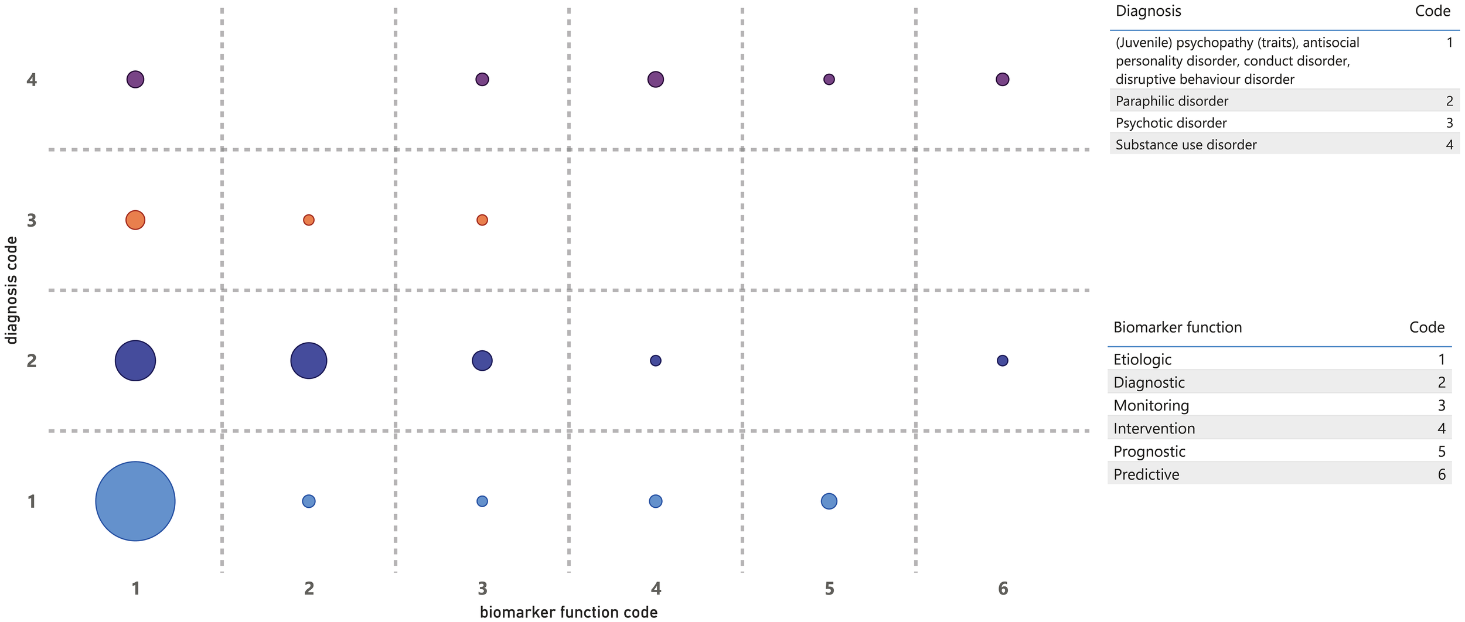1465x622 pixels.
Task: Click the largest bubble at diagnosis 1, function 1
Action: click(x=135, y=501)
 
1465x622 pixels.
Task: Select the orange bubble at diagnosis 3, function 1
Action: click(x=135, y=220)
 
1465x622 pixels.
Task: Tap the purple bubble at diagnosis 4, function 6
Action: click(x=1003, y=80)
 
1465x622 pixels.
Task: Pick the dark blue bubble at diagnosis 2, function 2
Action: click(x=309, y=361)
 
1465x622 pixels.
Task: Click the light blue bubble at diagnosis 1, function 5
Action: click(x=829, y=501)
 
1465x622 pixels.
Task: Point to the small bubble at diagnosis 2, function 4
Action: click(x=656, y=361)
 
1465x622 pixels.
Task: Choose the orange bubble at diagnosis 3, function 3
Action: click(x=482, y=220)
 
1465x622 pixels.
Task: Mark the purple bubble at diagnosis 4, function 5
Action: click(x=829, y=80)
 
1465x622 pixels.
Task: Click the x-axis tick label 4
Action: click(x=656, y=589)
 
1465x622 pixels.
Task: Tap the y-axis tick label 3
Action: click(x=32, y=221)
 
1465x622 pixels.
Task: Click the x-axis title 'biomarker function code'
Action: click(x=568, y=613)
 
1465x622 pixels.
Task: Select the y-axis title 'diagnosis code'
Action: click(x=11, y=290)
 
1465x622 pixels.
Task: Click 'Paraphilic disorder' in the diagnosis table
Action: click(x=1172, y=101)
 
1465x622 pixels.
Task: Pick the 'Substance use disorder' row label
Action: click(x=1186, y=145)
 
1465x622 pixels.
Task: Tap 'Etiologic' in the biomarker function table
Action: click(x=1143, y=360)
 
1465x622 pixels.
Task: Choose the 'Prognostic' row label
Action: click(x=1149, y=452)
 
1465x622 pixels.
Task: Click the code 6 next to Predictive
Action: click(x=1442, y=474)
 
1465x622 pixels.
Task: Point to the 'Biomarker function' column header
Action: click(x=1178, y=327)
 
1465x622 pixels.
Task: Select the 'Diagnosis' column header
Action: click(x=1149, y=11)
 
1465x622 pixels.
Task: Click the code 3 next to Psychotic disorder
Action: click(x=1450, y=123)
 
